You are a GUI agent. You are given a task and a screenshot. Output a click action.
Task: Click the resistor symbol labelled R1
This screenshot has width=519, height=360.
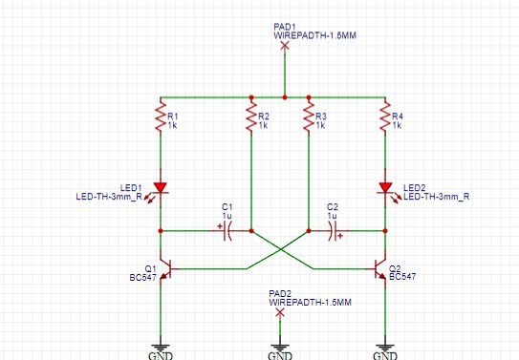pos(161,118)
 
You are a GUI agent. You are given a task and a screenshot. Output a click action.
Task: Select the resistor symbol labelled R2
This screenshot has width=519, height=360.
pos(250,118)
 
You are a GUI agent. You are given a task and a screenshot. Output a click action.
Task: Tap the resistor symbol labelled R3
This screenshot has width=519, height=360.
pos(309,118)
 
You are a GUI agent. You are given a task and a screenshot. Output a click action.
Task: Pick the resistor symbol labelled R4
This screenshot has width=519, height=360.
pos(385,118)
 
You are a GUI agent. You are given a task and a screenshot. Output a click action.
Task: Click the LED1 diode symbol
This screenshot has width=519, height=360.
pos(161,188)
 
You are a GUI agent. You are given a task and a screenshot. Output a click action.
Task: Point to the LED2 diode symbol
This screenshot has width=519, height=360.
pos(385,188)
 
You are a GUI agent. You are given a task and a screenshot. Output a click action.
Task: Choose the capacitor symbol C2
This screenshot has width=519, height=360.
pos(335,231)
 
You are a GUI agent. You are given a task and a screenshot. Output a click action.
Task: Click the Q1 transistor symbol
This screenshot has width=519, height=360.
pos(164,269)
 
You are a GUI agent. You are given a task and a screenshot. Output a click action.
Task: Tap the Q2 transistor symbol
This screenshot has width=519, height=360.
pos(381,269)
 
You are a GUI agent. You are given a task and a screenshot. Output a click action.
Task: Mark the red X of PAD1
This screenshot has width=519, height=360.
pos(285,45)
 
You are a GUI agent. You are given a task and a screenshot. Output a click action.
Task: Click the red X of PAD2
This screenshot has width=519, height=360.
pos(278,312)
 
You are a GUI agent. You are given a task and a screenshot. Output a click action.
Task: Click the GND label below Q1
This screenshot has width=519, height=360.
pos(161,354)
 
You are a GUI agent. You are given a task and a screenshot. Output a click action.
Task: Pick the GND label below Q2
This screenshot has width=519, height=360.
pos(385,354)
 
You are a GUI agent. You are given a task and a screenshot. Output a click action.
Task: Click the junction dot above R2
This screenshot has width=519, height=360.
pos(250,97)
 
